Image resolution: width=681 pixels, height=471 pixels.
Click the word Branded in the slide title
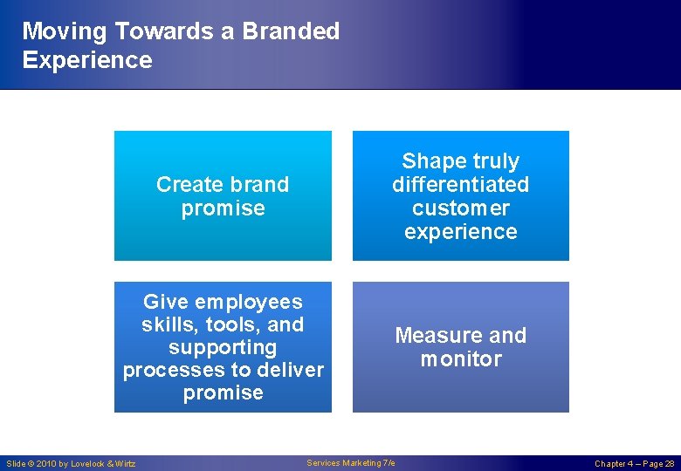291,31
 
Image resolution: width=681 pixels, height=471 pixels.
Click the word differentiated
460,185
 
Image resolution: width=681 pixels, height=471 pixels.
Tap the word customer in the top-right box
460,208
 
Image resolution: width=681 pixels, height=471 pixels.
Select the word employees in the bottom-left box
247,303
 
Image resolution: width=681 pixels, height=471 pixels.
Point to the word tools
235,325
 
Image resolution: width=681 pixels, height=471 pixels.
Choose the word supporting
223,348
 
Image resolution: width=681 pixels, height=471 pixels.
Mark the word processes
174,371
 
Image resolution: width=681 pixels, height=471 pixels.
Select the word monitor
460,359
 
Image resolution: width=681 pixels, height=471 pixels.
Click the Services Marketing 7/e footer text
351,463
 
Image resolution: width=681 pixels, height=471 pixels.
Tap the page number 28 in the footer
669,464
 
